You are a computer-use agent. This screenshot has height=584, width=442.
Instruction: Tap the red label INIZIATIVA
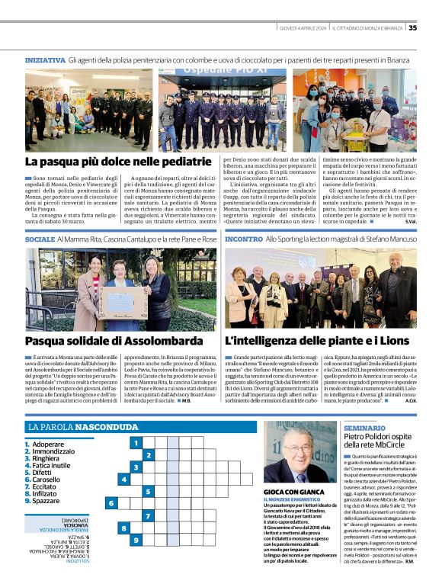pos(45,59)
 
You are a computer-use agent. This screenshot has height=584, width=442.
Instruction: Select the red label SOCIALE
pos(40,239)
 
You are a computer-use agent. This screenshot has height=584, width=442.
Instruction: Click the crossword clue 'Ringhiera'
pos(48,459)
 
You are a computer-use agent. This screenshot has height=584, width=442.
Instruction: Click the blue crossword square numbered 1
pos(136,442)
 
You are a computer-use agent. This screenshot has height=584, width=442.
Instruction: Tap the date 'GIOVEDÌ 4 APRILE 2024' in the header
pos(303,28)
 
